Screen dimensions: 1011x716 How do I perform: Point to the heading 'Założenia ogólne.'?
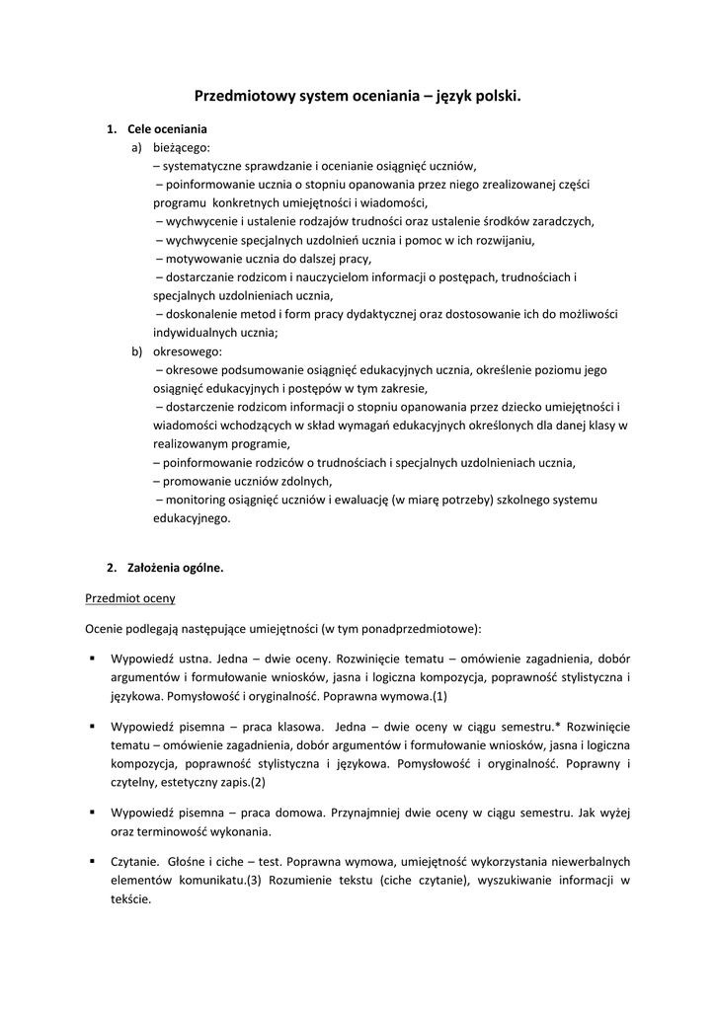(x=175, y=568)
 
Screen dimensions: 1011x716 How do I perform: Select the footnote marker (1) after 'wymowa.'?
(x=439, y=696)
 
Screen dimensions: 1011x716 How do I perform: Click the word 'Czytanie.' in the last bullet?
(x=133, y=862)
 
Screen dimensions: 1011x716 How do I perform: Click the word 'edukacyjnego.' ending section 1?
(x=191, y=517)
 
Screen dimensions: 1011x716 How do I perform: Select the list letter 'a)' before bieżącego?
(x=136, y=147)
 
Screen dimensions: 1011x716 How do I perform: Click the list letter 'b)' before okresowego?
(x=136, y=351)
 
